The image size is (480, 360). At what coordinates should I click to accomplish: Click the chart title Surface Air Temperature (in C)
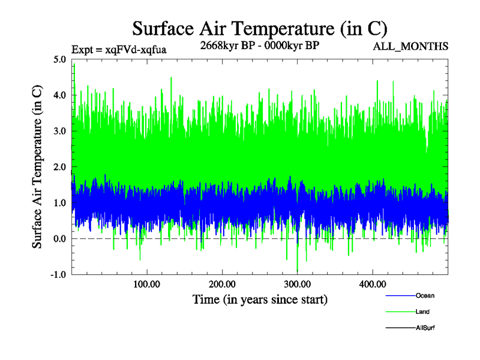point(259,28)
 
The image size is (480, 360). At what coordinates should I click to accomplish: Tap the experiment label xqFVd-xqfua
point(118,49)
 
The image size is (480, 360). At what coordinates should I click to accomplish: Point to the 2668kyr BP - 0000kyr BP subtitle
point(259,45)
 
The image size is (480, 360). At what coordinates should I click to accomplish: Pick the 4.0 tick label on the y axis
point(60,95)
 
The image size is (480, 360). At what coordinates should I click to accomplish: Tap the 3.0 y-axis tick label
point(60,131)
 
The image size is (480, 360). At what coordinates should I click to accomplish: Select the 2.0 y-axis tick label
point(60,167)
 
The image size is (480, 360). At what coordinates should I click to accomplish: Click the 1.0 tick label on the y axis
point(60,203)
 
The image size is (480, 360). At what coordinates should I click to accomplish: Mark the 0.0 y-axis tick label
point(60,239)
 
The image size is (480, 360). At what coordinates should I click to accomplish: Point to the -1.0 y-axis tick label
point(59,275)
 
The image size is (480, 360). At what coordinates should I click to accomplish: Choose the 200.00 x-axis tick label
point(222,284)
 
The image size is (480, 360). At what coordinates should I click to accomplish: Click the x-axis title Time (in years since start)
point(260,299)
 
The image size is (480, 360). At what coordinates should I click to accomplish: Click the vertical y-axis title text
point(37,167)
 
